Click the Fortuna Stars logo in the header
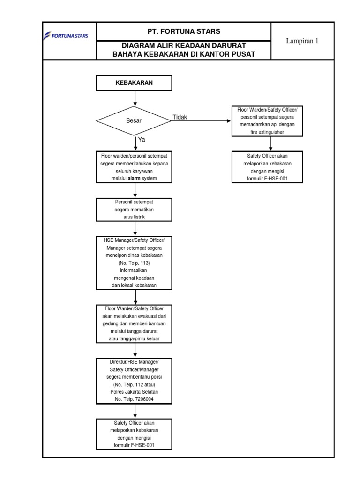[x=69, y=36]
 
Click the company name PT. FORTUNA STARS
[x=183, y=31]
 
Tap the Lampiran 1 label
[x=302, y=41]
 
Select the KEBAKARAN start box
[x=135, y=83]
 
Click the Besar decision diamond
[x=134, y=121]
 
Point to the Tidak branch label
[x=180, y=117]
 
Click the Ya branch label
[x=142, y=140]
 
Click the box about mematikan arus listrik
[x=135, y=209]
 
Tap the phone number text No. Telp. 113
[x=135, y=263]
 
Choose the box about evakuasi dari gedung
[x=135, y=323]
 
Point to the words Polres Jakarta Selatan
[x=135, y=392]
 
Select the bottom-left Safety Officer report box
[x=135, y=434]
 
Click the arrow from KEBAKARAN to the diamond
[x=135, y=97]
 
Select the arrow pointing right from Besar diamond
[x=202, y=121]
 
